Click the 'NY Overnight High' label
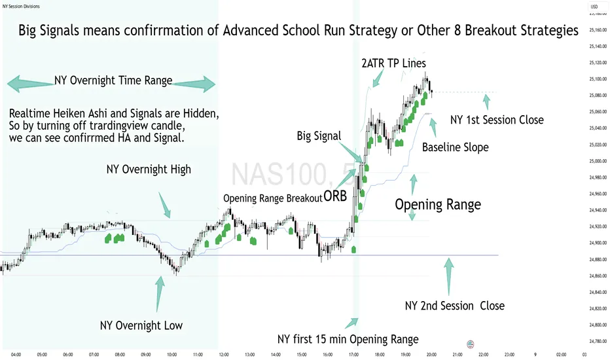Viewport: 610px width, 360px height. (149, 170)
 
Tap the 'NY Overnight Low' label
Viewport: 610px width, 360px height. (141, 325)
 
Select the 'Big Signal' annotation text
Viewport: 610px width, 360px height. (318, 136)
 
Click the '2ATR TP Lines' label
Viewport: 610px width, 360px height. (394, 63)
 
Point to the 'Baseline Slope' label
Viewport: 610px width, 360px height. (455, 147)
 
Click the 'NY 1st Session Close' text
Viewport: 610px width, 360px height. (497, 120)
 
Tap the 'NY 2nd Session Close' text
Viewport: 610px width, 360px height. (454, 306)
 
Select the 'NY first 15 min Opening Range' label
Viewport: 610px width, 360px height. (348, 339)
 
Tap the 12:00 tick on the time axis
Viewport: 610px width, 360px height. (223, 353)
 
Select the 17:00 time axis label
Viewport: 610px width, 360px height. (353, 353)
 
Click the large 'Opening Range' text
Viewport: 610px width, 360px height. (437, 204)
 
